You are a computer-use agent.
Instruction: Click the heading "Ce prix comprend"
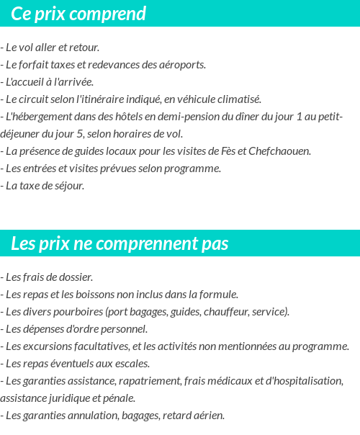tap(78, 14)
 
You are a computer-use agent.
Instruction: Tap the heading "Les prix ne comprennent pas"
tap(120, 243)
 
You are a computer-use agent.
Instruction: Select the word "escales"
tap(132, 364)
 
